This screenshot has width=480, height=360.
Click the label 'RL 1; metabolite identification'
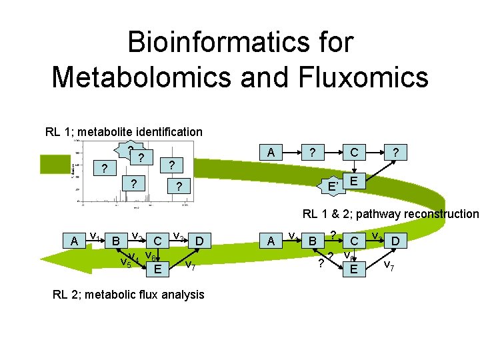(x=123, y=131)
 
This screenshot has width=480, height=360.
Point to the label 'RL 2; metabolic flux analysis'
(x=128, y=294)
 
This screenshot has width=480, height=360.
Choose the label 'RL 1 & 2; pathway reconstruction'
(x=390, y=214)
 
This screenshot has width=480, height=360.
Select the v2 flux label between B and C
(x=135, y=236)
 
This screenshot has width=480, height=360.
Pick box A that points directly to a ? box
(x=270, y=153)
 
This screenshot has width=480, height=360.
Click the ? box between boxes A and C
(x=311, y=153)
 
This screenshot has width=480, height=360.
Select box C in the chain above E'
(x=354, y=153)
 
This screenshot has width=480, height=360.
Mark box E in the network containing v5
(x=157, y=269)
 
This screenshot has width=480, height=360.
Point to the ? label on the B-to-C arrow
(x=332, y=235)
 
